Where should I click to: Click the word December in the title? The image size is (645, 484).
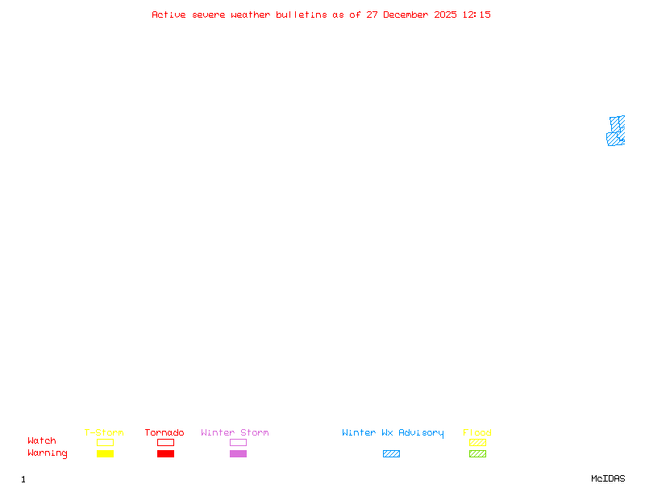406,15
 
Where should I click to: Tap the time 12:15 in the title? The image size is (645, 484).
476,15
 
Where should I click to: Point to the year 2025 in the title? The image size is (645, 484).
445,15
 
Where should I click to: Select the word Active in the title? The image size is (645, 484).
169,15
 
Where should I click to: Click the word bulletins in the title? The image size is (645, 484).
301,15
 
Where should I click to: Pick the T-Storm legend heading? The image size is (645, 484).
104,432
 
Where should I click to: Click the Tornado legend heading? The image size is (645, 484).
164,432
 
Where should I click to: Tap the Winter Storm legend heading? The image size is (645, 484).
235,432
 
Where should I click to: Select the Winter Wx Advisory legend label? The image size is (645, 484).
393,433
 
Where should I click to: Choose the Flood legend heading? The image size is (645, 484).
477,432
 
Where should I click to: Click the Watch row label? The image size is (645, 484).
42,440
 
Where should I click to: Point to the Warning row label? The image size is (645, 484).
48,453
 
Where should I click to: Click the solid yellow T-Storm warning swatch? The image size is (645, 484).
106,453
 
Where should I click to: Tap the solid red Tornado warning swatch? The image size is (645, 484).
166,453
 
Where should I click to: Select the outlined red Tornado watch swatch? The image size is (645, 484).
166,439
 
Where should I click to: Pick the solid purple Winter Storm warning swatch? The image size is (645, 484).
238,453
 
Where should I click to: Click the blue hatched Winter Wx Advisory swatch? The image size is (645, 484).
391,453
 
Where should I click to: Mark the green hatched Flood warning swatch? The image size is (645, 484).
477,453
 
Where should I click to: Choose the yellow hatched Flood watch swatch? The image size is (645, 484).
477,442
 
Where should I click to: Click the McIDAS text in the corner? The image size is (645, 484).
608,478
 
